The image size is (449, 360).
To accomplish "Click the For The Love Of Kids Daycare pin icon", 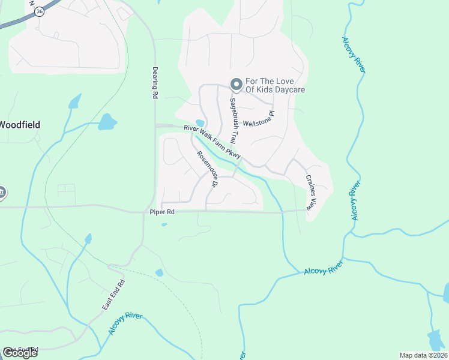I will tap(237, 85).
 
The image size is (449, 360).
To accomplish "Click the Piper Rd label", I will tap(162, 212).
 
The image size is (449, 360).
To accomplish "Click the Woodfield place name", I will tap(20, 125).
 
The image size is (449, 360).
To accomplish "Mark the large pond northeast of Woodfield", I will tap(107, 122).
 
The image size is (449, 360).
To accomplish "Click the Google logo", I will tap(20, 352).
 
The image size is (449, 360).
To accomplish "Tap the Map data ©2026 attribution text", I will tap(424, 355).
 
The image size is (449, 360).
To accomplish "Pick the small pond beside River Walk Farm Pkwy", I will tap(200, 123).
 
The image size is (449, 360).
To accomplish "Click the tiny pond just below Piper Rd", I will tap(164, 225).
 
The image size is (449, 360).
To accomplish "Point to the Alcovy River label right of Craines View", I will tap(355, 200).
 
